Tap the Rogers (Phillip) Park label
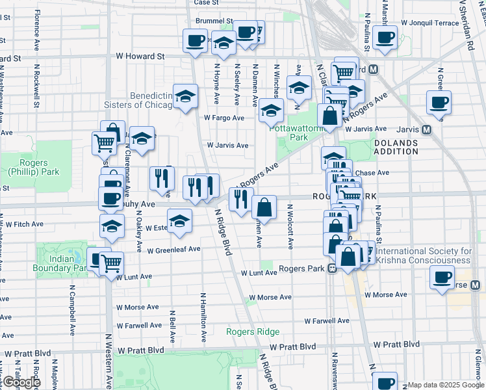click(24, 167)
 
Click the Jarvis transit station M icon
click(427, 129)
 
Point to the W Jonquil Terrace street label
click(429, 22)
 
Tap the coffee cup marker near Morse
click(442, 278)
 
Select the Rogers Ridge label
click(252, 331)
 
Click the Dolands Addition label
click(395, 146)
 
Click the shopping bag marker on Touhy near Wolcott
click(264, 208)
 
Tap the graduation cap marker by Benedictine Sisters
click(185, 96)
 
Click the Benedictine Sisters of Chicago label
click(138, 100)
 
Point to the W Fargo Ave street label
click(224, 118)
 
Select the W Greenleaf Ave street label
click(173, 250)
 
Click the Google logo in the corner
click(21, 382)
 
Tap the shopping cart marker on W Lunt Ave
click(111, 264)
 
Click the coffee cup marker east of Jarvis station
click(439, 102)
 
